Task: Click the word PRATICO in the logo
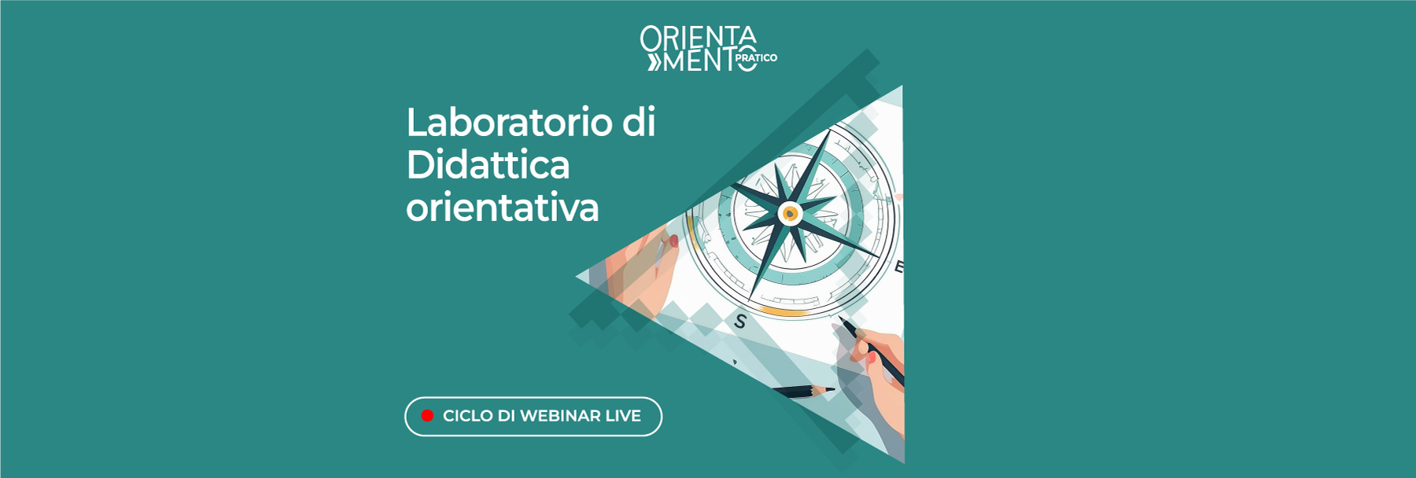click(x=756, y=57)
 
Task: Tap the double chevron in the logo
click(x=655, y=62)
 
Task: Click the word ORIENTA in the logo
click(x=698, y=37)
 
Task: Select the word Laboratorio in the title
click(x=509, y=123)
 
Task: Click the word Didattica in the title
click(x=488, y=165)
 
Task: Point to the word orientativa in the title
click(x=503, y=208)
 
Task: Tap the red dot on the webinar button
click(x=427, y=416)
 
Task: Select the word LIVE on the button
click(x=623, y=416)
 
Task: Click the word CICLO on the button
click(x=467, y=416)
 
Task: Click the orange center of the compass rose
click(x=789, y=213)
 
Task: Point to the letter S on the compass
click(x=739, y=321)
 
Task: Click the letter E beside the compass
click(x=898, y=267)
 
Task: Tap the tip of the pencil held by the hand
click(x=841, y=318)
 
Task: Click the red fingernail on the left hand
click(x=674, y=241)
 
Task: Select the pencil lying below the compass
click(x=802, y=391)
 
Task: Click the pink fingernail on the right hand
click(x=872, y=358)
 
